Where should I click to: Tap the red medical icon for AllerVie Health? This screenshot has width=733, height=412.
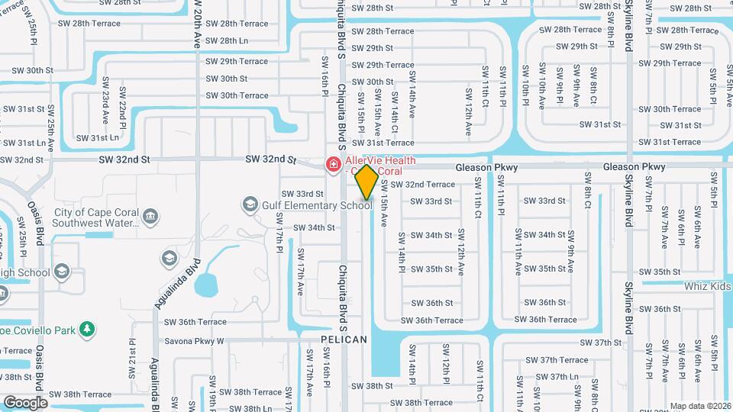point(332,163)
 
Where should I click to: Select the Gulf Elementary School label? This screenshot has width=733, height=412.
point(318,205)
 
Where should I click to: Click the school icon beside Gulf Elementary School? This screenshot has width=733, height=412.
point(250,204)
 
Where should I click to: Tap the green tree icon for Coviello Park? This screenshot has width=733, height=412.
point(89,330)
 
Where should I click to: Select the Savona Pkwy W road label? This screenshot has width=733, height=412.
point(195,341)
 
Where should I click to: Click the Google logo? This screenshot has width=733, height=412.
point(25,402)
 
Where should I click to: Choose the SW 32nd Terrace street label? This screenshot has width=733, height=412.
point(423,185)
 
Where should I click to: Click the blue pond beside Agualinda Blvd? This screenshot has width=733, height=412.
point(207,285)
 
